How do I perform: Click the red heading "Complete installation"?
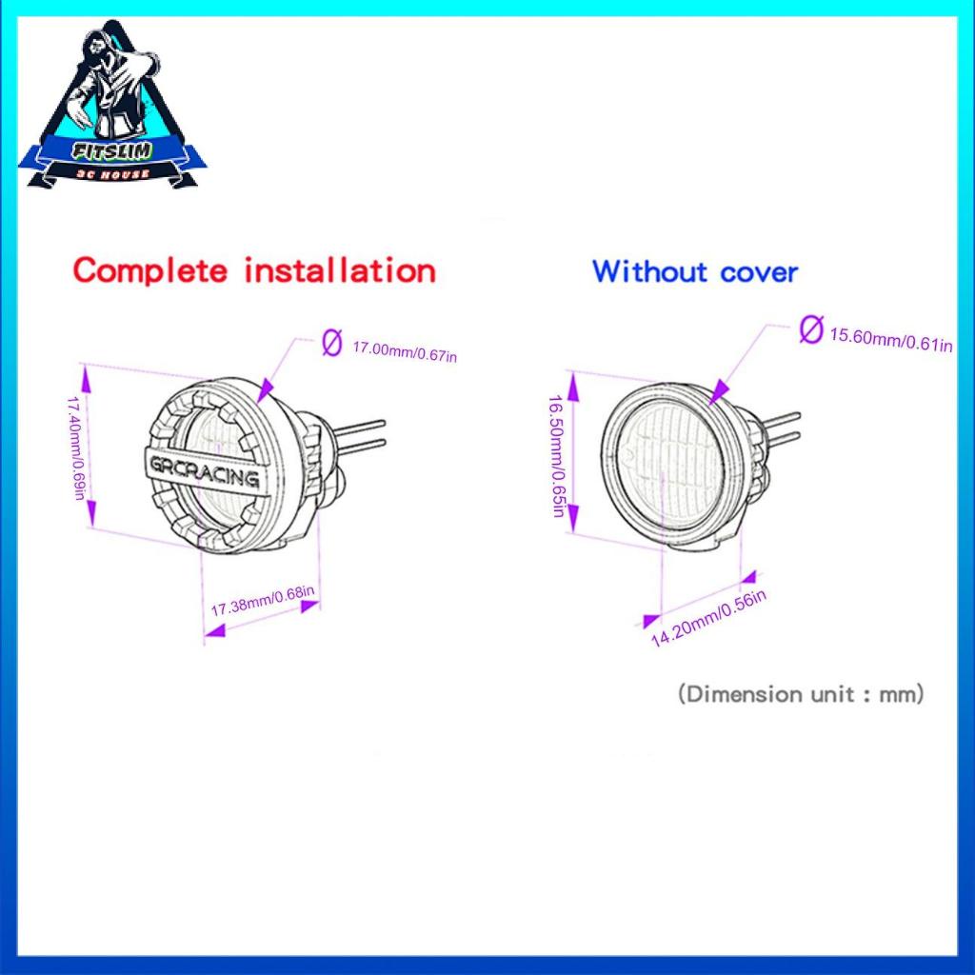pyautogui.click(x=254, y=270)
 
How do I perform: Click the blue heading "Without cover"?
pyautogui.click(x=694, y=271)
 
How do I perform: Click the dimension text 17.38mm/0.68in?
pyautogui.click(x=263, y=603)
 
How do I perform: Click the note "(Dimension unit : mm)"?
pyautogui.click(x=801, y=693)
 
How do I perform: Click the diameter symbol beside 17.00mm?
pyautogui.click(x=331, y=342)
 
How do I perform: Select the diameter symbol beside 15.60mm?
pyautogui.click(x=811, y=330)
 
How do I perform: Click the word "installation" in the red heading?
pyautogui.click(x=339, y=270)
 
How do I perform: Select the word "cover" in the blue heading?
pyautogui.click(x=759, y=272)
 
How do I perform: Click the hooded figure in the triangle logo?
pyautogui.click(x=107, y=86)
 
